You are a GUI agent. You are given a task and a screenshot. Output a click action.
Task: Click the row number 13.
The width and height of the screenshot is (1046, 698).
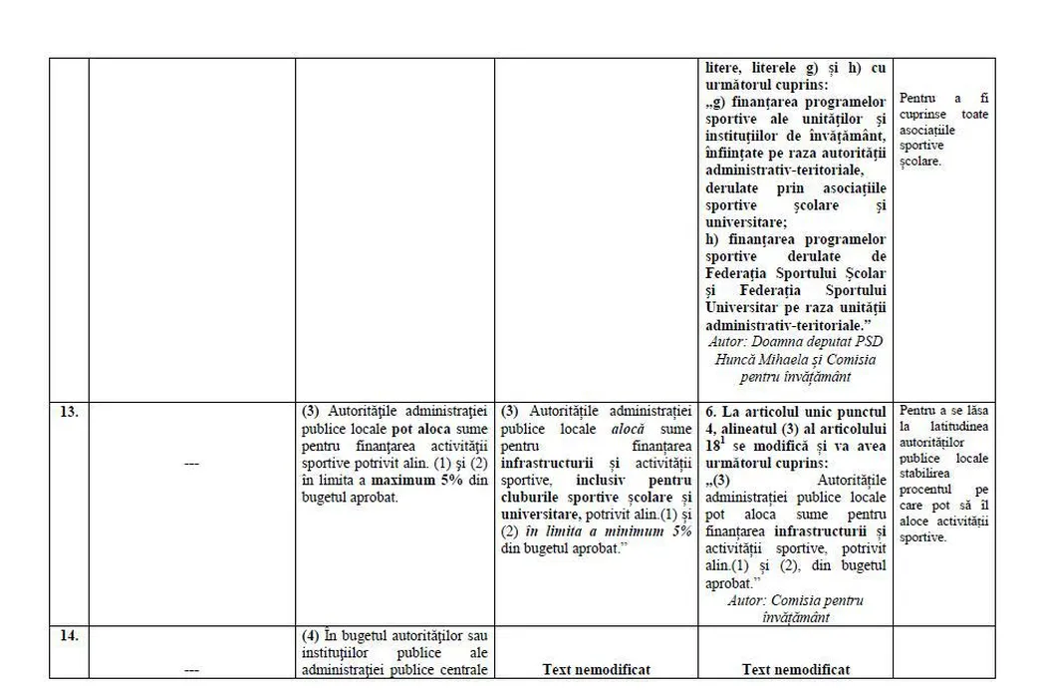69,411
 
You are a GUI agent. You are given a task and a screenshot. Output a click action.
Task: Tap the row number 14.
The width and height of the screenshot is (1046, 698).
69,635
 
